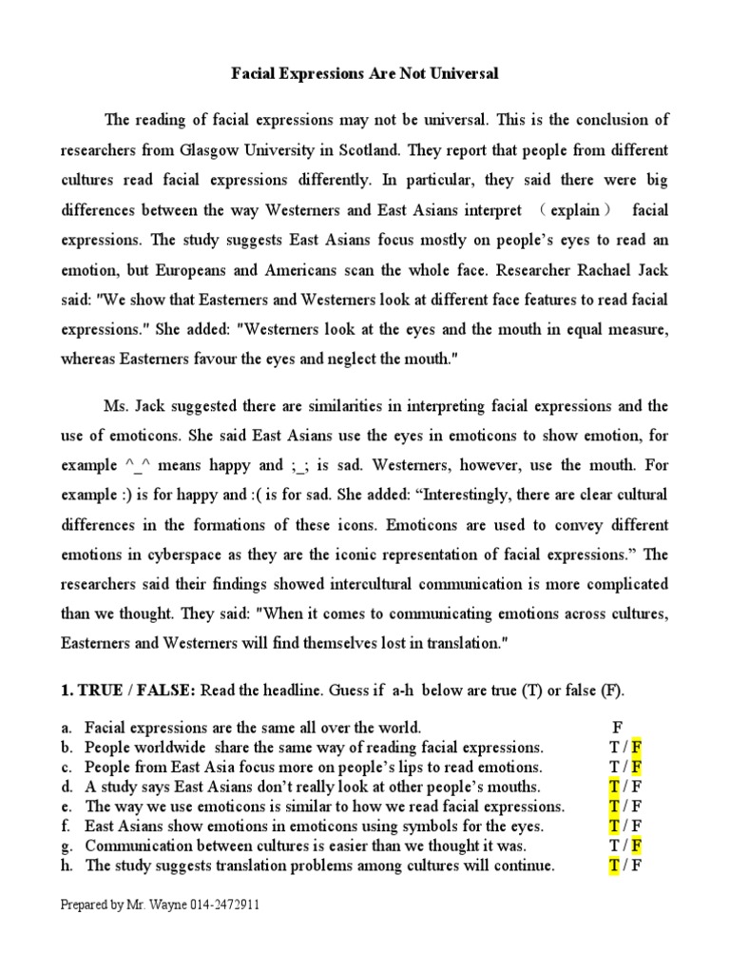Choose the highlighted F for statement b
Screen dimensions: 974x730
pos(638,747)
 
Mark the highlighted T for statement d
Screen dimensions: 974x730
pos(614,787)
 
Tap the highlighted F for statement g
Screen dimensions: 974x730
pos(638,846)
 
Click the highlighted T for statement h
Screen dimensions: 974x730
pos(614,866)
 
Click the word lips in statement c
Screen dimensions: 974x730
pos(386,767)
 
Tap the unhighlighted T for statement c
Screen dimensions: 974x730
pos(614,767)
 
